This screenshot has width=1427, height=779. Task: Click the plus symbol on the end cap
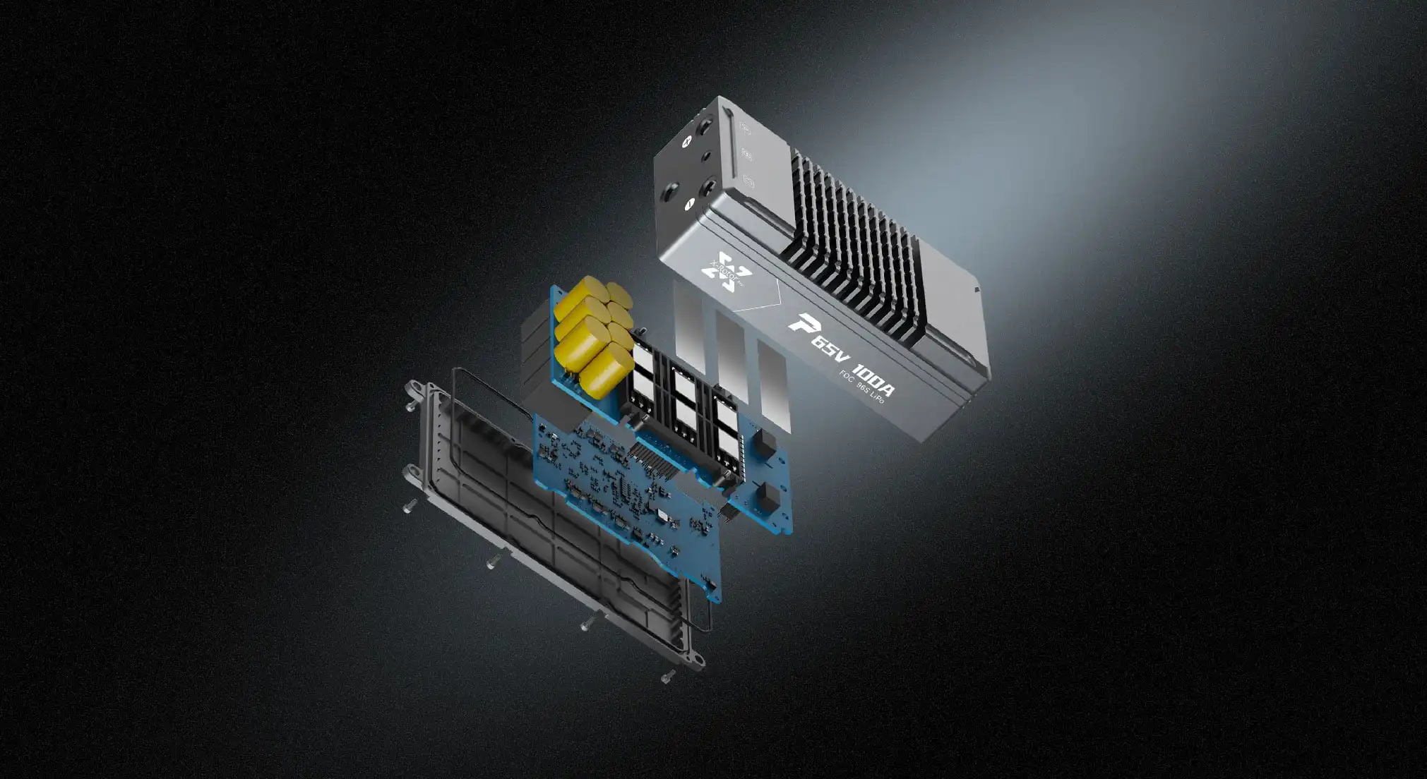pyautogui.click(x=685, y=141)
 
